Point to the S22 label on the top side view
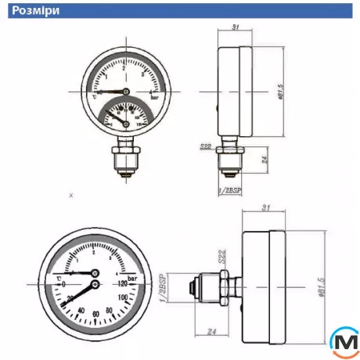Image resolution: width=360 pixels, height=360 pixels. click(206, 146)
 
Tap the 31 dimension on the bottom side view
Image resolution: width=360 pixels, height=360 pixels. click(266, 208)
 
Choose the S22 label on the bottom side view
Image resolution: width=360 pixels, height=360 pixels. click(221, 256)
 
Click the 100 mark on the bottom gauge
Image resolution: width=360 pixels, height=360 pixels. click(123, 297)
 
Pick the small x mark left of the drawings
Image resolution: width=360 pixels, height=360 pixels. click(70, 195)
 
